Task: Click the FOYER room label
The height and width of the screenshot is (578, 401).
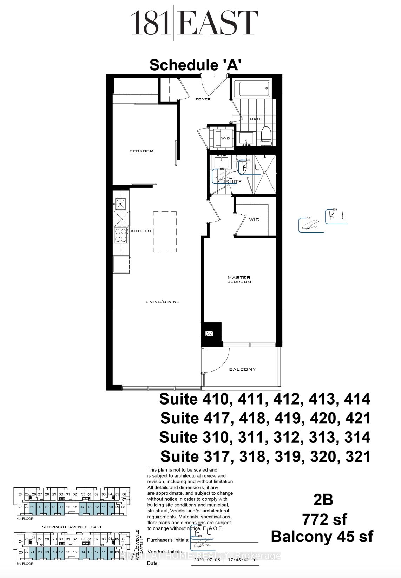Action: tap(203, 99)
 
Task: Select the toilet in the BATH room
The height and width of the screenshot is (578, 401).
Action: tap(267, 136)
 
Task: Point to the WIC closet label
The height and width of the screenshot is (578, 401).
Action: tap(254, 220)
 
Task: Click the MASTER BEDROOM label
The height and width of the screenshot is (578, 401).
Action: tap(239, 280)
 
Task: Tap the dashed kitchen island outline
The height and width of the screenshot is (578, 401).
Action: tap(165, 231)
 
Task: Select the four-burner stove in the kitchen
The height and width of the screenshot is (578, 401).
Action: tap(121, 235)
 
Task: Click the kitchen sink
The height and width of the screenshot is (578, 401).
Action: tap(120, 203)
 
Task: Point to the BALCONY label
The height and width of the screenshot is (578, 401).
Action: tap(242, 369)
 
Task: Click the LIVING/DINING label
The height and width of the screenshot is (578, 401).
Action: tap(163, 302)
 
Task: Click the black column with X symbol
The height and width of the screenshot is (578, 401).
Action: tap(209, 334)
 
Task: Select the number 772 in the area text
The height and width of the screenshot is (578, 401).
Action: tap(316, 519)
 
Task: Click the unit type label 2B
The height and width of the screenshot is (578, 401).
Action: tap(323, 500)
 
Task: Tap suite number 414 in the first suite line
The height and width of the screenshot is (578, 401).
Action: tap(357, 399)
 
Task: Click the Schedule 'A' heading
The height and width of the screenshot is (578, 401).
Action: tap(195, 65)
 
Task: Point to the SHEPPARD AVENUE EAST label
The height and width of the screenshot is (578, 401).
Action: tap(72, 527)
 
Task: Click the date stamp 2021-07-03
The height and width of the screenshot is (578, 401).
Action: tap(207, 560)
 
